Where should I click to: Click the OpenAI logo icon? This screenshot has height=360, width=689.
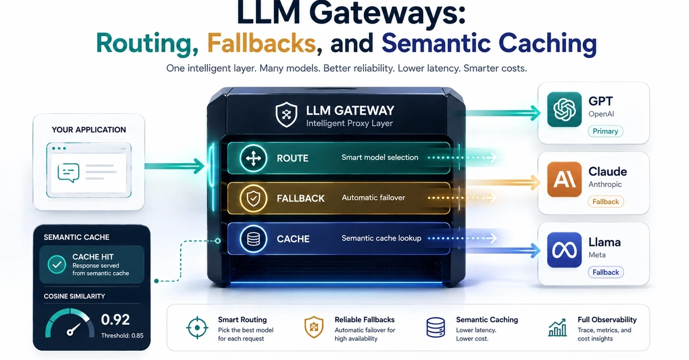click(x=564, y=109)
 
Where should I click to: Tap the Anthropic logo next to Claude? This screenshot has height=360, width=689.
click(x=564, y=179)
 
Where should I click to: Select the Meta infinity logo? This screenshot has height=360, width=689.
click(x=564, y=250)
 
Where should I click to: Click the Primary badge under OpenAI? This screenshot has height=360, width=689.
click(x=605, y=131)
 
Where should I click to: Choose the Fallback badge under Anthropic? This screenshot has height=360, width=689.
click(x=606, y=202)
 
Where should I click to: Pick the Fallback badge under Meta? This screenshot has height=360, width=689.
click(x=606, y=272)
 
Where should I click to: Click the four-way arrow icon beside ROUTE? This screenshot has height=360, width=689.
click(x=253, y=158)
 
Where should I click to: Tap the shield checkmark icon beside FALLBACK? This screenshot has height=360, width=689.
click(x=253, y=199)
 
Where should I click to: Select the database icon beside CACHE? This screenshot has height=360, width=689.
click(x=253, y=239)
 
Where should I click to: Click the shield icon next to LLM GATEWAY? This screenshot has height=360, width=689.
click(x=287, y=114)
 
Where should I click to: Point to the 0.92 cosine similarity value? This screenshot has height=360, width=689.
click(x=115, y=319)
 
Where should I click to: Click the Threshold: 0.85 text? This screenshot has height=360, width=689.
click(x=122, y=335)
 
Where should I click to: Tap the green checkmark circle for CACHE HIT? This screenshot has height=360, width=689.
click(x=57, y=264)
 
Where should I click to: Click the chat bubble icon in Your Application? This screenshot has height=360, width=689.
click(x=68, y=173)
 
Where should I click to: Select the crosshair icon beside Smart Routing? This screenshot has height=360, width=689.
click(x=197, y=328)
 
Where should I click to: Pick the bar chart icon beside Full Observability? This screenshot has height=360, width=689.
click(x=558, y=328)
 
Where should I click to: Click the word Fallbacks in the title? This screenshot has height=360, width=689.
click(x=261, y=43)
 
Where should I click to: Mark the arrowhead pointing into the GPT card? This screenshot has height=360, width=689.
click(x=535, y=113)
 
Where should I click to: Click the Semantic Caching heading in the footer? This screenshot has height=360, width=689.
click(x=487, y=320)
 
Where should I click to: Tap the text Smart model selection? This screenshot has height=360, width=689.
click(x=380, y=157)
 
